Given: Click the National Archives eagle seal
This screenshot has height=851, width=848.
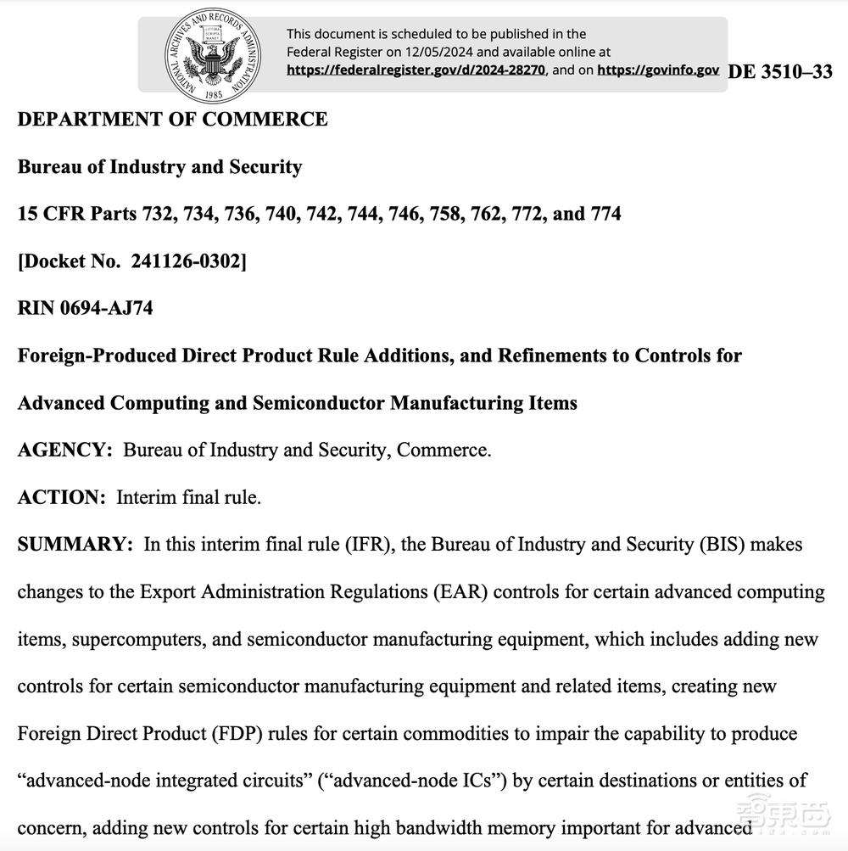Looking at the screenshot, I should [214, 54].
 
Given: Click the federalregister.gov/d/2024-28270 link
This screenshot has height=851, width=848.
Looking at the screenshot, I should [416, 70].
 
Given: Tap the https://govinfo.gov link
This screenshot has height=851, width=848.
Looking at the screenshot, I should [658, 70].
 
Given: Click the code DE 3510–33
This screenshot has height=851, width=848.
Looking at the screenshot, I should [779, 72].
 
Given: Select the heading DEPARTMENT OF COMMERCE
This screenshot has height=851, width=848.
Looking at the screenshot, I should [172, 119].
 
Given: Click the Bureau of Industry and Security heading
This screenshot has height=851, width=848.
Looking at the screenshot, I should [159, 166].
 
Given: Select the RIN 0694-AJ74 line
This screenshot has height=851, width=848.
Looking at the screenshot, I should [85, 308].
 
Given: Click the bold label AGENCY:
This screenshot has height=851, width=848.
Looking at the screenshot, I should [64, 450].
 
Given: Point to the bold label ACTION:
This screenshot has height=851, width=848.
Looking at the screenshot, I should [61, 497].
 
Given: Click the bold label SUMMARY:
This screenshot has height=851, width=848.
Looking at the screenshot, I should [75, 544].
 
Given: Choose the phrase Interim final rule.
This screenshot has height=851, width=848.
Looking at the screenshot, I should [188, 497].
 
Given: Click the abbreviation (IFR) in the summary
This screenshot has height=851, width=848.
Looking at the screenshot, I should [366, 544].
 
